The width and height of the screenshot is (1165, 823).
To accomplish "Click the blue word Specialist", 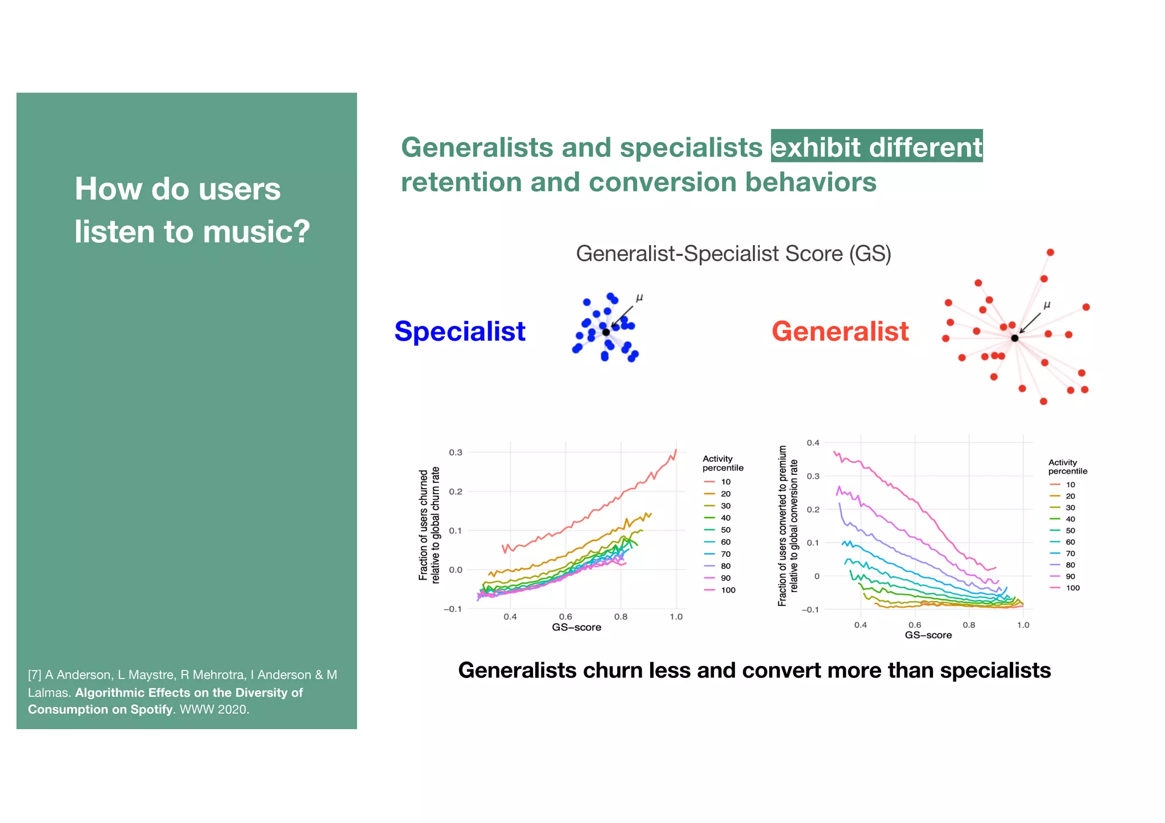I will click(x=460, y=332).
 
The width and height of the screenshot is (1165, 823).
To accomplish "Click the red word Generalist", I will click(x=840, y=332).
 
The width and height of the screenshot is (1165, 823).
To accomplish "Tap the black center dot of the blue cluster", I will click(x=606, y=332).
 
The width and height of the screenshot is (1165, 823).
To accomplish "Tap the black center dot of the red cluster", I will click(x=1014, y=338).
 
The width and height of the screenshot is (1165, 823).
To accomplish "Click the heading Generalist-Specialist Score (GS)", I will click(x=733, y=254).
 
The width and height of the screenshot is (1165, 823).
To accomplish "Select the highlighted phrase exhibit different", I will click(x=876, y=147).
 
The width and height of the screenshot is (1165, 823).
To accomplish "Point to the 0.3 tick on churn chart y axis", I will click(x=456, y=453).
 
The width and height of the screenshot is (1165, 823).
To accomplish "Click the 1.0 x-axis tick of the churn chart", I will click(x=676, y=617).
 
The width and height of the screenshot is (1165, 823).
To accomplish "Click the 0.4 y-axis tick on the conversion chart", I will click(x=813, y=442).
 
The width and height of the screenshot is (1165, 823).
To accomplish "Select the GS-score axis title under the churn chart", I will click(x=576, y=627).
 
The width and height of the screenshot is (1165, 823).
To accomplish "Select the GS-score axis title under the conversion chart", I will click(x=928, y=635).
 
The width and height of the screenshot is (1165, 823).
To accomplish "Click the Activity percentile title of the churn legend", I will click(x=722, y=463).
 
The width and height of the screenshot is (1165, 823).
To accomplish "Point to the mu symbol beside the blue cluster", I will click(x=639, y=297).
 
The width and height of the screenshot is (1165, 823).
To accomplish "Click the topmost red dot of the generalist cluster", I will click(x=1050, y=252).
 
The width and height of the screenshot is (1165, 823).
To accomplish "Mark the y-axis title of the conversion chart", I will click(x=788, y=526).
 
